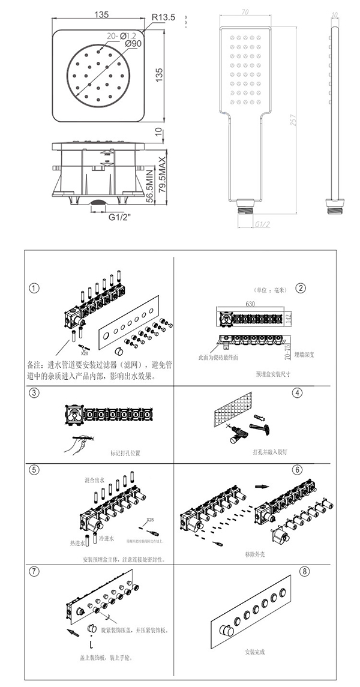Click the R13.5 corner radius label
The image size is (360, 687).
coord(163,18)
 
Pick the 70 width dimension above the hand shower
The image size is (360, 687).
coord(245,11)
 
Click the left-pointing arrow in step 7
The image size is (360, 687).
coord(72,631)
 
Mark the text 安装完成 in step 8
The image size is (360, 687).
coord(254,652)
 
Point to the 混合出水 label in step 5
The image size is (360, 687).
coord(95,481)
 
